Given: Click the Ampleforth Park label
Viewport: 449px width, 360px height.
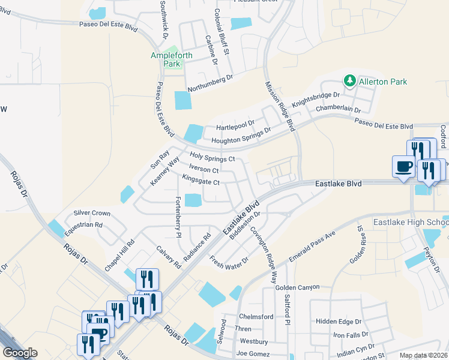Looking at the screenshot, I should coord(171,59).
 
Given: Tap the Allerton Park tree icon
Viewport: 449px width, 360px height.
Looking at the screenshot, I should coord(349,81).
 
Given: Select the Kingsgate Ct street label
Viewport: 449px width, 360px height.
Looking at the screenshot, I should coord(200,179).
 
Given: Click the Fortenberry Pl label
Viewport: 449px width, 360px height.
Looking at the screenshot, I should coord(178,217).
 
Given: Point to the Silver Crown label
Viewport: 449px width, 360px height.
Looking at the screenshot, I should coord(92,213).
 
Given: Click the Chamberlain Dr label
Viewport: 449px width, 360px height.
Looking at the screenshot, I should coord(338,110).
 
